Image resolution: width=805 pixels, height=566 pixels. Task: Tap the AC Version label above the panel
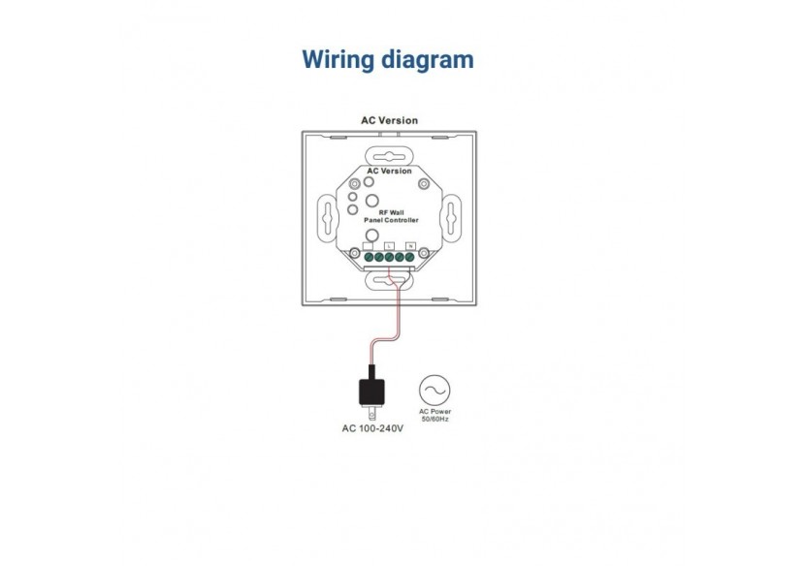(x=389, y=121)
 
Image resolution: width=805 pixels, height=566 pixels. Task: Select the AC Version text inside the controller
(x=389, y=171)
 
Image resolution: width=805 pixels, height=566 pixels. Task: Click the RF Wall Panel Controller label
(x=390, y=218)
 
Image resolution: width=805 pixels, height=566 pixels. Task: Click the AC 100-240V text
(x=372, y=427)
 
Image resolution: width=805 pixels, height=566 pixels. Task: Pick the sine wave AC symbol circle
(x=435, y=390)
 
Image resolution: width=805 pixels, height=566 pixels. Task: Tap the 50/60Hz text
(x=435, y=418)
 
